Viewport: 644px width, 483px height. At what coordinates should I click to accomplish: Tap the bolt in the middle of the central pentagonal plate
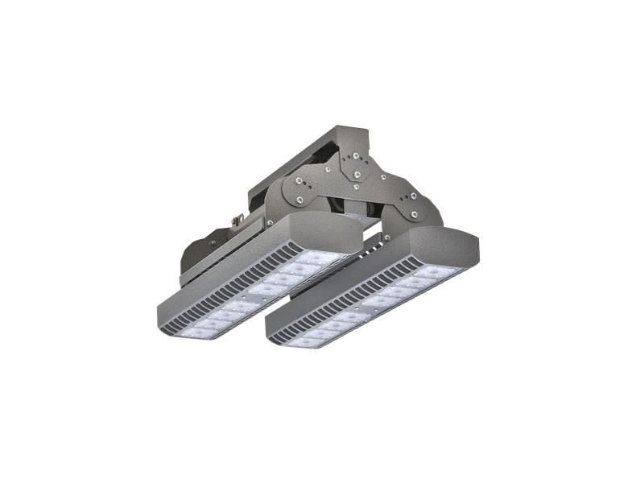point(355,171)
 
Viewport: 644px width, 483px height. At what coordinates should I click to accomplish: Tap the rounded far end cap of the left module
point(330,233)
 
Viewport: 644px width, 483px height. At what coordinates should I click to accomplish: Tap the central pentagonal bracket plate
point(354,165)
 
